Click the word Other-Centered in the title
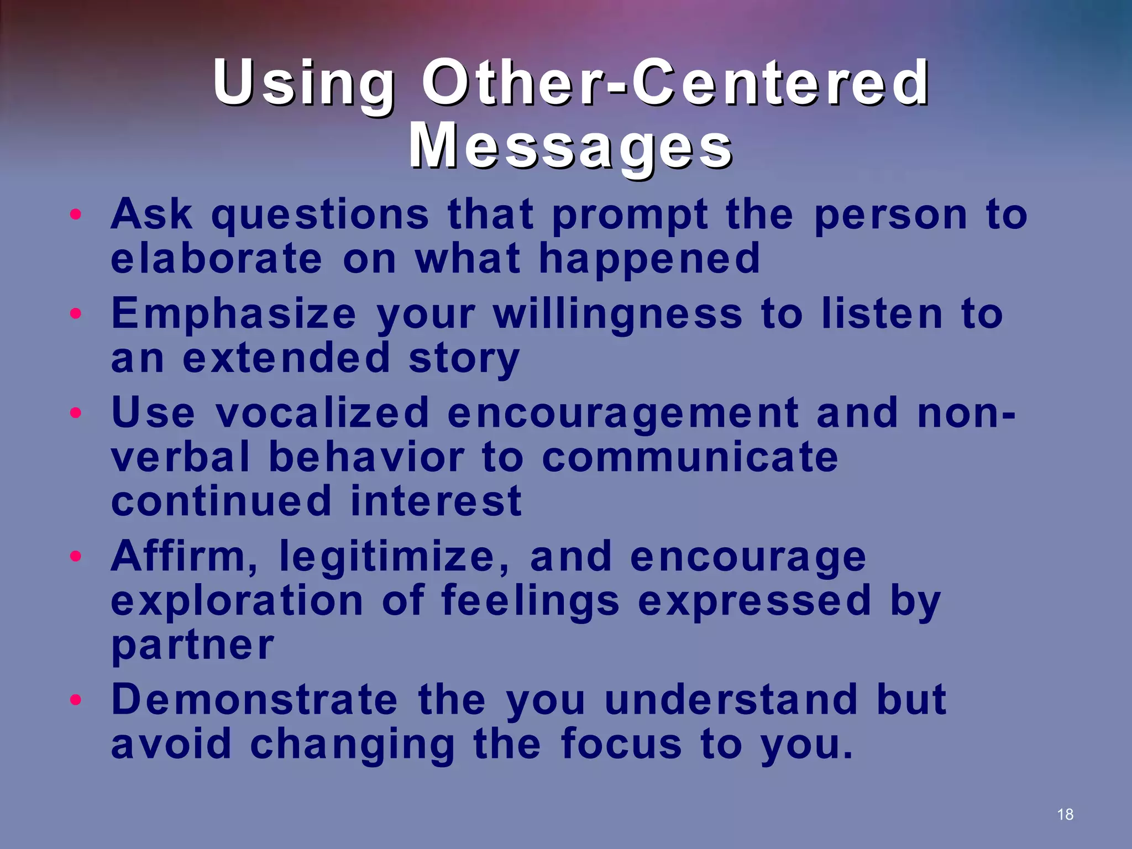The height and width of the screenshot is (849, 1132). click(x=675, y=83)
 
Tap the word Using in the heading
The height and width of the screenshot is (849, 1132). click(x=303, y=83)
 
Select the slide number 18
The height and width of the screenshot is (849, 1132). click(x=1065, y=814)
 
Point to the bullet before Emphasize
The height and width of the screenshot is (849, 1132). click(x=76, y=313)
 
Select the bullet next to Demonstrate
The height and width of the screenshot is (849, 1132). click(x=76, y=700)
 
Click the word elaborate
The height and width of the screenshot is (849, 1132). click(x=216, y=259)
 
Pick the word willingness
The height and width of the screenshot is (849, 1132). click(x=617, y=314)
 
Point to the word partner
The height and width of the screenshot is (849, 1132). click(x=192, y=646)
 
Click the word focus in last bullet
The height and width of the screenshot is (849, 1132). click(x=621, y=744)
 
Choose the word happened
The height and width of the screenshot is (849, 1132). click(x=649, y=259)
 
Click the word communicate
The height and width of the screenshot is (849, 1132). click(x=689, y=458)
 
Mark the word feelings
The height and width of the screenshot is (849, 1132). click(x=530, y=601)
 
